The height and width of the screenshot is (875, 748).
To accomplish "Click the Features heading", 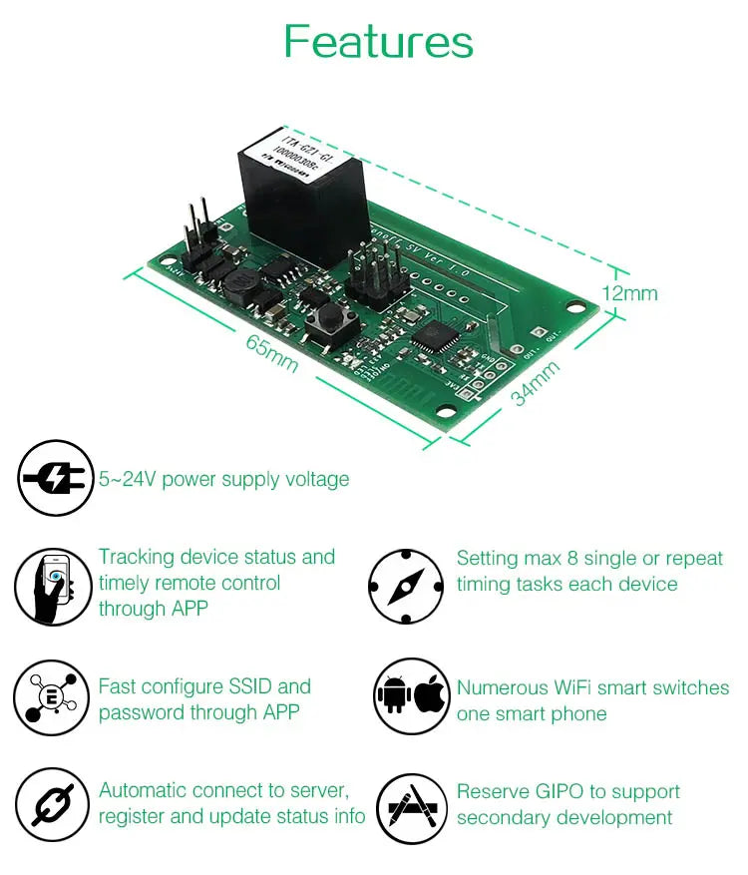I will (x=378, y=42).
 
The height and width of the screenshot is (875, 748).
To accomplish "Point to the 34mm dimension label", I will (x=535, y=383).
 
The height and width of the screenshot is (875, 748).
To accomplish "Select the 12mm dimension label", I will (x=629, y=293).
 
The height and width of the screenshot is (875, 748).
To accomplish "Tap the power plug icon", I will (x=56, y=479).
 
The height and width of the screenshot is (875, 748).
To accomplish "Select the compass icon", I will (x=405, y=586).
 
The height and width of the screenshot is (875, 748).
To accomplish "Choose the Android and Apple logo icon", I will (x=411, y=696).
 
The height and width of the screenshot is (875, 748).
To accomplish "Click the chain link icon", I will (x=53, y=804).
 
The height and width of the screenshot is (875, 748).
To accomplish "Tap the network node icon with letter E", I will (x=52, y=695).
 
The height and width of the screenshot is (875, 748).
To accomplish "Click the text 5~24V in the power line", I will (x=126, y=480).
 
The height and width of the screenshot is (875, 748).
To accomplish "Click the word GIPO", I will (x=560, y=792).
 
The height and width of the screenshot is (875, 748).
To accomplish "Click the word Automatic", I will (x=142, y=791).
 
